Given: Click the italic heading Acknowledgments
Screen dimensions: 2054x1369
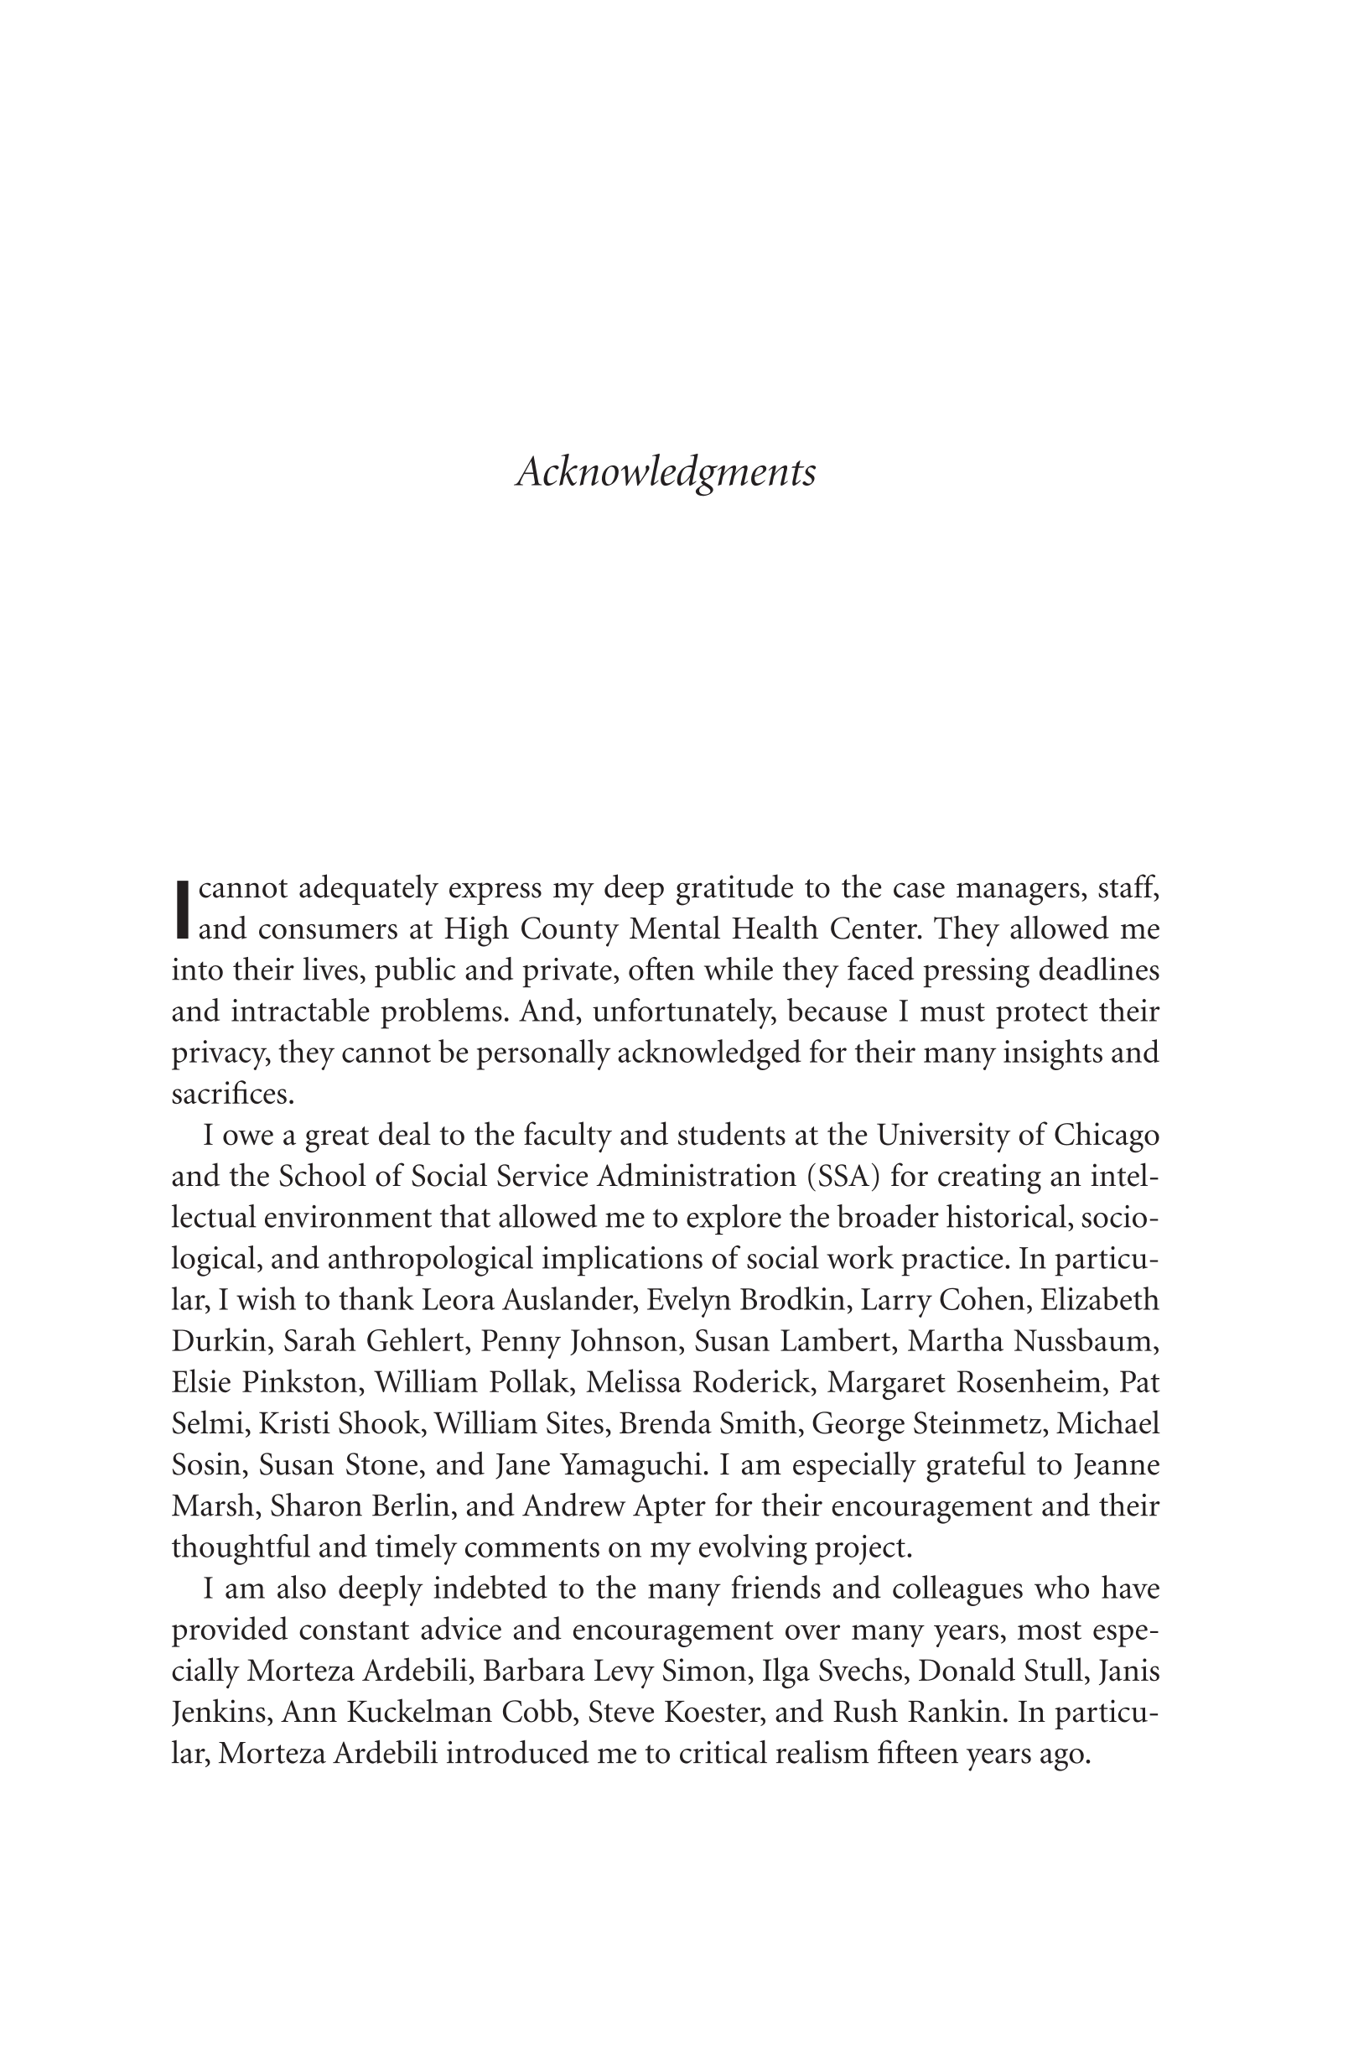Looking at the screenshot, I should tap(666, 473).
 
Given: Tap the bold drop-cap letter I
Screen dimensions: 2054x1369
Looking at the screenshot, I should tap(182, 907).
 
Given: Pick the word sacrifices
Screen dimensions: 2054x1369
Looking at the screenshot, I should tap(233, 1095).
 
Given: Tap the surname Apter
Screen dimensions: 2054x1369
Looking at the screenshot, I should tap(713, 1505).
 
